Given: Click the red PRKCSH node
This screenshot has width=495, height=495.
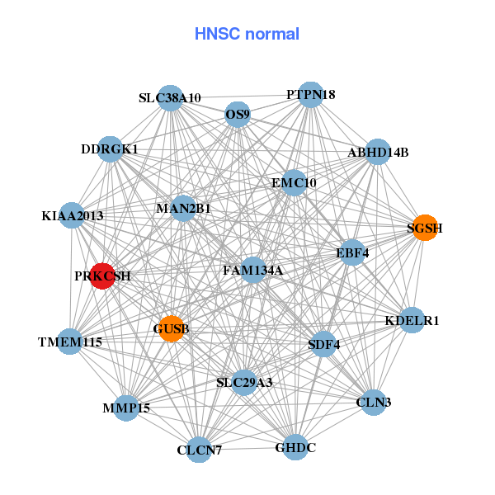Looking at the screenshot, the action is click(101, 276).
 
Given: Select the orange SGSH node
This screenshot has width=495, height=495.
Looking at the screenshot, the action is click(424, 228).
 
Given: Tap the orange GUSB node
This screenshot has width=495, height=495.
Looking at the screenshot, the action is click(171, 328).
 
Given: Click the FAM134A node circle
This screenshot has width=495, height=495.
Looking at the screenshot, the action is click(253, 270).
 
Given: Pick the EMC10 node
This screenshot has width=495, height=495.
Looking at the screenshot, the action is click(295, 182).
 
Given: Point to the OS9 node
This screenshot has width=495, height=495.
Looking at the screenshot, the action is click(238, 115).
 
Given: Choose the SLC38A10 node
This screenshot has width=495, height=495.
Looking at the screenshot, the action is click(170, 97).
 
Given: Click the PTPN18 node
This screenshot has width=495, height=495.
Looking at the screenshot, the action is click(310, 94).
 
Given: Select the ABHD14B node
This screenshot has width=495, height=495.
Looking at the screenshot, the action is click(377, 152).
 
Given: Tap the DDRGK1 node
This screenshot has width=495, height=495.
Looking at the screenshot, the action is click(110, 149).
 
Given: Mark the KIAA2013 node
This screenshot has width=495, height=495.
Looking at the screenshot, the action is click(72, 215).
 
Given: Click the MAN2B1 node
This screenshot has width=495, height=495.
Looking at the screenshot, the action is click(183, 208).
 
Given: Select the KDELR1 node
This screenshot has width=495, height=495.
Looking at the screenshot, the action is click(412, 320).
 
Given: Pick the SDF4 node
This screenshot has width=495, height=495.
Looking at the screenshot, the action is click(323, 344).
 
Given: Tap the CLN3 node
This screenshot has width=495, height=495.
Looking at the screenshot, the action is click(374, 403).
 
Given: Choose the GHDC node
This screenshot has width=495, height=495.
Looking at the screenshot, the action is click(295, 447).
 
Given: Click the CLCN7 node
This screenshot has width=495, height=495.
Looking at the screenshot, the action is click(199, 450).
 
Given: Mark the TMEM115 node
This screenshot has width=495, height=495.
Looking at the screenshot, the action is click(69, 341).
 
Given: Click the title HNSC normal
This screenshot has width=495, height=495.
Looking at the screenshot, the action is click(247, 34).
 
